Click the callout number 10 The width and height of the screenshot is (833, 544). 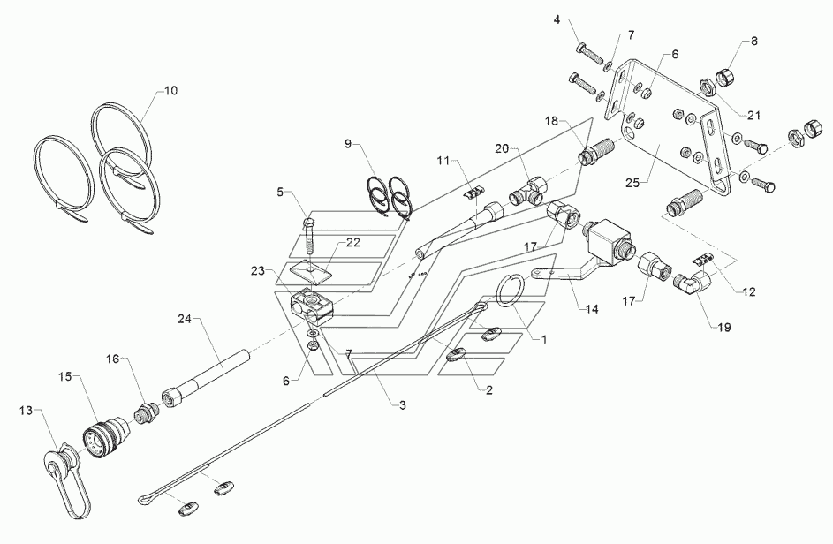point(170,91)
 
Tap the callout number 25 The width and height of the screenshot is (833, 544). point(632,184)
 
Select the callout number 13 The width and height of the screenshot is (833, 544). point(26,411)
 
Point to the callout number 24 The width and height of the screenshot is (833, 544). point(185,319)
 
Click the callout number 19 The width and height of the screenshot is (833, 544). point(724,328)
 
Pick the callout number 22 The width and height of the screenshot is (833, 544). point(353,243)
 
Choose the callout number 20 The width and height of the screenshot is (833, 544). point(502,148)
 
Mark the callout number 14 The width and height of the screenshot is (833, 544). point(591,309)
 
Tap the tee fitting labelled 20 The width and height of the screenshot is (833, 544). point(527,193)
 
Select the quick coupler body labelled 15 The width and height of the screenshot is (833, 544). point(104,435)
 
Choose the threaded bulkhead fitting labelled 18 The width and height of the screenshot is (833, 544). point(596,151)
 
